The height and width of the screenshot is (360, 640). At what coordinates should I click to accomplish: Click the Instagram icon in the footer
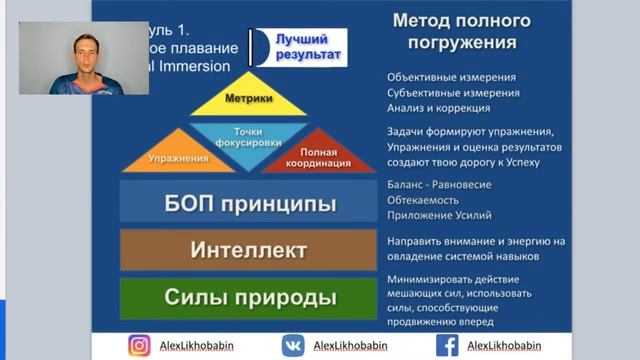[x=139, y=345]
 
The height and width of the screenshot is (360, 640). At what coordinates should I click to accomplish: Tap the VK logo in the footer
[x=292, y=345]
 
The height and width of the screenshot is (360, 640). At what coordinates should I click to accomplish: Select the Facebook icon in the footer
[x=447, y=345]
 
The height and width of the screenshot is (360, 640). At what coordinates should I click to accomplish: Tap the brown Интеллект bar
[x=249, y=249]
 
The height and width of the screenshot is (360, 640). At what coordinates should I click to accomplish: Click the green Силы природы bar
[x=249, y=297]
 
